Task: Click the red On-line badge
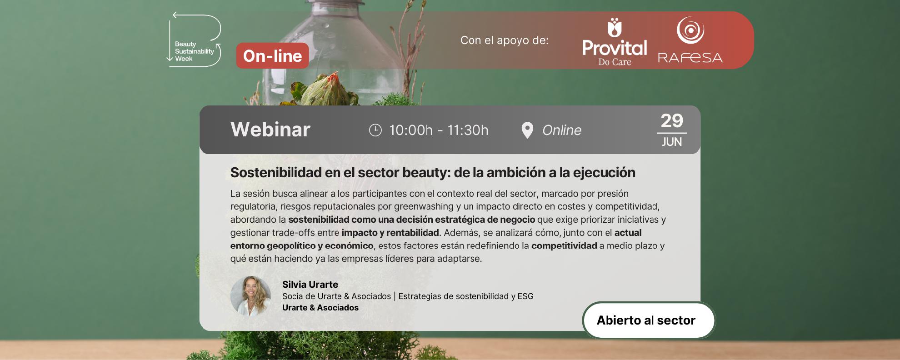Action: click(x=272, y=56)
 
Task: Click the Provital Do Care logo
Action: click(x=615, y=42)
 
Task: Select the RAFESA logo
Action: click(x=690, y=40)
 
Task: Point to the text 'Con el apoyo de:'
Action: click(x=505, y=40)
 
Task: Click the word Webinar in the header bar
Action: click(x=270, y=130)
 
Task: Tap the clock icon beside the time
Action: click(x=375, y=130)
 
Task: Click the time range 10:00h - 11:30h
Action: click(x=439, y=130)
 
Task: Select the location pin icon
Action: click(x=527, y=130)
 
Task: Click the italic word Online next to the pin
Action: click(x=562, y=130)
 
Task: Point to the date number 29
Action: click(x=672, y=121)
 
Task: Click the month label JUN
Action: click(x=672, y=142)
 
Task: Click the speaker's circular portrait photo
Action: click(x=250, y=296)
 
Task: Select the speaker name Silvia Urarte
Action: click(x=310, y=285)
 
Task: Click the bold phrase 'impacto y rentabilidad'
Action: click(x=390, y=233)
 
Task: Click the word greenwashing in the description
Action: click(x=424, y=207)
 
